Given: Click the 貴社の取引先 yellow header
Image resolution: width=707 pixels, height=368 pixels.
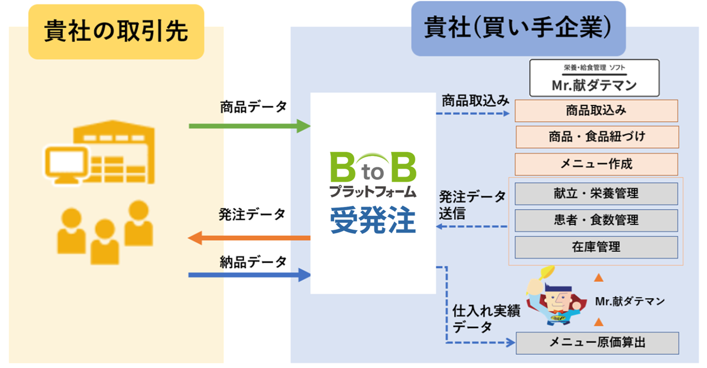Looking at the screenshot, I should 116,31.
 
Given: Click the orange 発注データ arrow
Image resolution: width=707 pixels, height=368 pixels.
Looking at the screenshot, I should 249,238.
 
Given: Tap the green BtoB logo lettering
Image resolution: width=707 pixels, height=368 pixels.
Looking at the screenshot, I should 373,169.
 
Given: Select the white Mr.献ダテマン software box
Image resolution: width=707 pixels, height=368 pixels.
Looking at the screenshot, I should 594,78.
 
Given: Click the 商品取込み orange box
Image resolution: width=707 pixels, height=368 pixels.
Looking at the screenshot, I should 596,110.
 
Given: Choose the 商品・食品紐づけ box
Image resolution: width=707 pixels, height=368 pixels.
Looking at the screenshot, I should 597,137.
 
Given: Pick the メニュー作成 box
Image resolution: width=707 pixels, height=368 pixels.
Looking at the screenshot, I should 596,164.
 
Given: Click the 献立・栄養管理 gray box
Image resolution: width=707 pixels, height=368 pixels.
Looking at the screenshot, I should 596,194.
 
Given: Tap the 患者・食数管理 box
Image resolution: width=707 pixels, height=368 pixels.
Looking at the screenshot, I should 596,220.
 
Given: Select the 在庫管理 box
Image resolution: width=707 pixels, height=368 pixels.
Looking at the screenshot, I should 596,247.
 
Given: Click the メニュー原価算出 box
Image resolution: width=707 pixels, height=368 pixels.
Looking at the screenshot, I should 597,343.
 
